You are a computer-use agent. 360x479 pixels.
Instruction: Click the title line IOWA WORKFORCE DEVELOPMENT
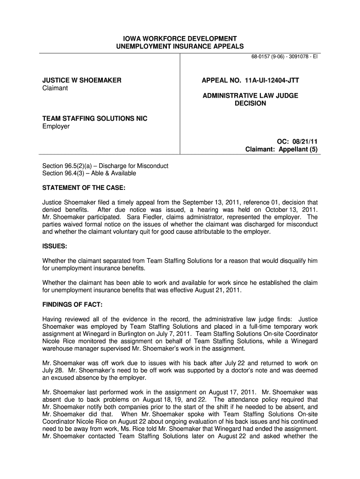(180, 38)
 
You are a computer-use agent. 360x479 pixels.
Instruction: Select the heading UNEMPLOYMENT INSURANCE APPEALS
(180, 46)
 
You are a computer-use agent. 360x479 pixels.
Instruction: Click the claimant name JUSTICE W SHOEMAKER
(82, 80)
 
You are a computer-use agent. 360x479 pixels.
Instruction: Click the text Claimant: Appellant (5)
(282, 149)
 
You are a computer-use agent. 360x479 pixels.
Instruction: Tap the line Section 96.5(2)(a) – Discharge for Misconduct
(105, 166)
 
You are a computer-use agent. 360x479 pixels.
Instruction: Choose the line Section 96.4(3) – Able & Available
(89, 174)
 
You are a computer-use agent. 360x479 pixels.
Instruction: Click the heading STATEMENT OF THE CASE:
(84, 188)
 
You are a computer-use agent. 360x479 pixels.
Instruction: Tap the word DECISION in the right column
(250, 103)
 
